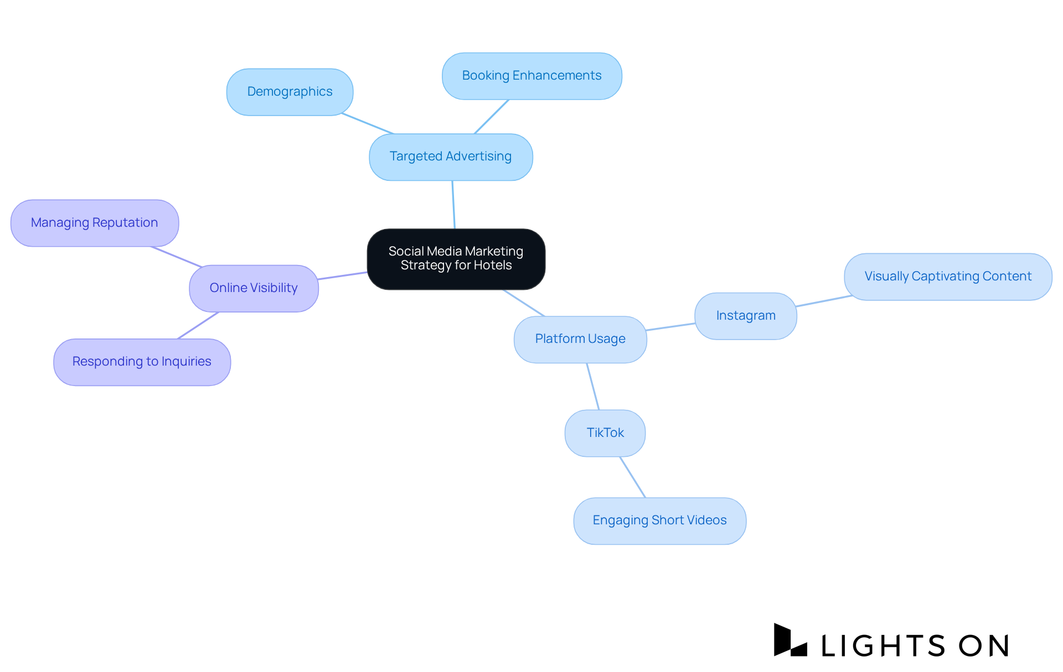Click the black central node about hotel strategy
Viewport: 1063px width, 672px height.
[x=456, y=259]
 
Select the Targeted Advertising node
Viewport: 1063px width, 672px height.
[x=451, y=157]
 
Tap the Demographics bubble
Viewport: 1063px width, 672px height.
[x=290, y=92]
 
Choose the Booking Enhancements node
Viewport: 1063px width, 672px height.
[x=531, y=76]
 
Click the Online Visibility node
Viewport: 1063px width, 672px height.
[x=254, y=288]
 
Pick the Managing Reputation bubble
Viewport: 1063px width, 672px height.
[x=94, y=223]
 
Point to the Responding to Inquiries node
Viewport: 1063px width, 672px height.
[x=142, y=362]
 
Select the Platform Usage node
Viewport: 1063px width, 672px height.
[x=580, y=339]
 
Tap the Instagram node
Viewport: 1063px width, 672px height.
[x=745, y=316]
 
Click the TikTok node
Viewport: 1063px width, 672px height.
[x=605, y=433]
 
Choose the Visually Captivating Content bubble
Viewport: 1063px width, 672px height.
[x=947, y=277]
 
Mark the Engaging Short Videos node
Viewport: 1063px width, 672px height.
[x=659, y=520]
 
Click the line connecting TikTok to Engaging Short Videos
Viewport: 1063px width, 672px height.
[x=633, y=477]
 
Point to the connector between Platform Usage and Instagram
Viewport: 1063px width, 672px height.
[x=670, y=327]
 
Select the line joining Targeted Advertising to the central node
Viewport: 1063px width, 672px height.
[x=453, y=205]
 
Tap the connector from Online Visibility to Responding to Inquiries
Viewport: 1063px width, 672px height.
[x=198, y=325]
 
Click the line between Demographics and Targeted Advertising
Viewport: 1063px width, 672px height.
[x=368, y=123]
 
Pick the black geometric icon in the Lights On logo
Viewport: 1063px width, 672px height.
[x=789, y=640]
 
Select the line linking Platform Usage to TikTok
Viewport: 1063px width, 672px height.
[x=593, y=387]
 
